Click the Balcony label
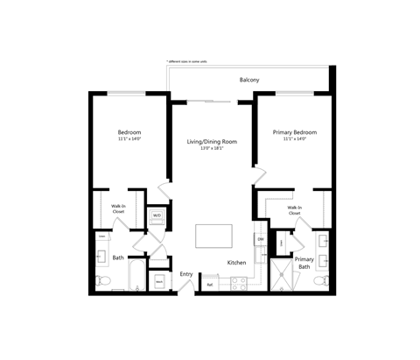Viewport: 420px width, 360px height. pyautogui.click(x=248, y=80)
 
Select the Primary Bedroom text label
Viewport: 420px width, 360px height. pyautogui.click(x=294, y=132)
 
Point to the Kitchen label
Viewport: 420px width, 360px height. pyautogui.click(x=236, y=263)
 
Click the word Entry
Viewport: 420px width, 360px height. pyautogui.click(x=186, y=274)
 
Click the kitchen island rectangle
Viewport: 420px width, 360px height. pyautogui.click(x=213, y=236)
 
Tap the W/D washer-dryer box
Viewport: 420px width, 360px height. pyautogui.click(x=157, y=215)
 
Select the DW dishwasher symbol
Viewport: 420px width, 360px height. pyautogui.click(x=260, y=239)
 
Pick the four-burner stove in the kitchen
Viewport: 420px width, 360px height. pyautogui.click(x=236, y=282)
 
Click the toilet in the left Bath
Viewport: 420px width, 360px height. pyautogui.click(x=103, y=281)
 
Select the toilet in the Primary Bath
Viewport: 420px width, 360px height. pyautogui.click(x=322, y=280)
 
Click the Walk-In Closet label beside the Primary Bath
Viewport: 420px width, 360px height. pyautogui.click(x=294, y=210)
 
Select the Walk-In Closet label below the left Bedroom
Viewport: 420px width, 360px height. pyautogui.click(x=118, y=210)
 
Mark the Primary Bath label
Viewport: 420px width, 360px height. pyautogui.click(x=304, y=263)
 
